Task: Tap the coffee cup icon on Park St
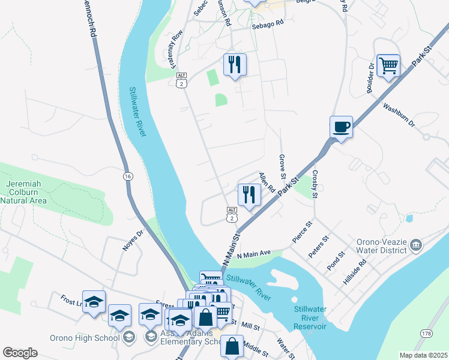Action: [341, 127]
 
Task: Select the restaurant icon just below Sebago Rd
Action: [234, 64]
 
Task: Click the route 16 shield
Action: [128, 176]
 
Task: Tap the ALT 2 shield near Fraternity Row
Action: [181, 80]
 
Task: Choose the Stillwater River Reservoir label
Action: [310, 317]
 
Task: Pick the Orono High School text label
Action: [90, 338]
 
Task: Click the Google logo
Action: [20, 353]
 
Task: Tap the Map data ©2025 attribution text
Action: [423, 355]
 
